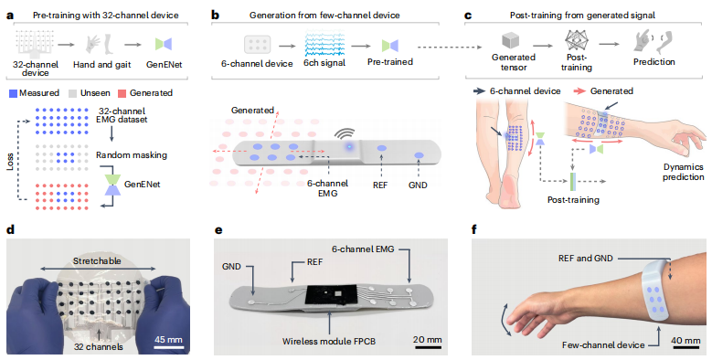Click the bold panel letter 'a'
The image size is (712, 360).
[10, 16]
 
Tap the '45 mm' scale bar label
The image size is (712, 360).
[168, 339]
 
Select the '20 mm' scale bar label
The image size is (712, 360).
[427, 340]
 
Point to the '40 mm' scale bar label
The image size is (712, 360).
[686, 341]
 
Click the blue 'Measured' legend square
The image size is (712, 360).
[13, 93]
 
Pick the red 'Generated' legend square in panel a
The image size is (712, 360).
[122, 93]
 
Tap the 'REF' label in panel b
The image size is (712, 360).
[380, 185]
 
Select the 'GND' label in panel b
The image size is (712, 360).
[418, 185]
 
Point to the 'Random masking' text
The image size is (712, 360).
[132, 154]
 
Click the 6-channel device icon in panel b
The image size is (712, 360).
[258, 45]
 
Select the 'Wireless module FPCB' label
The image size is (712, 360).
[329, 341]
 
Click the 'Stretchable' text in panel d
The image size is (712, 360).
[97, 261]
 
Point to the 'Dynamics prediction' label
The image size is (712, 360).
[683, 172]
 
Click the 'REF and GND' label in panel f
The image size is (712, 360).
[585, 259]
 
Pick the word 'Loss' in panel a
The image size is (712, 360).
[10, 162]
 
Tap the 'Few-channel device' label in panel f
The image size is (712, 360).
[603, 345]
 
